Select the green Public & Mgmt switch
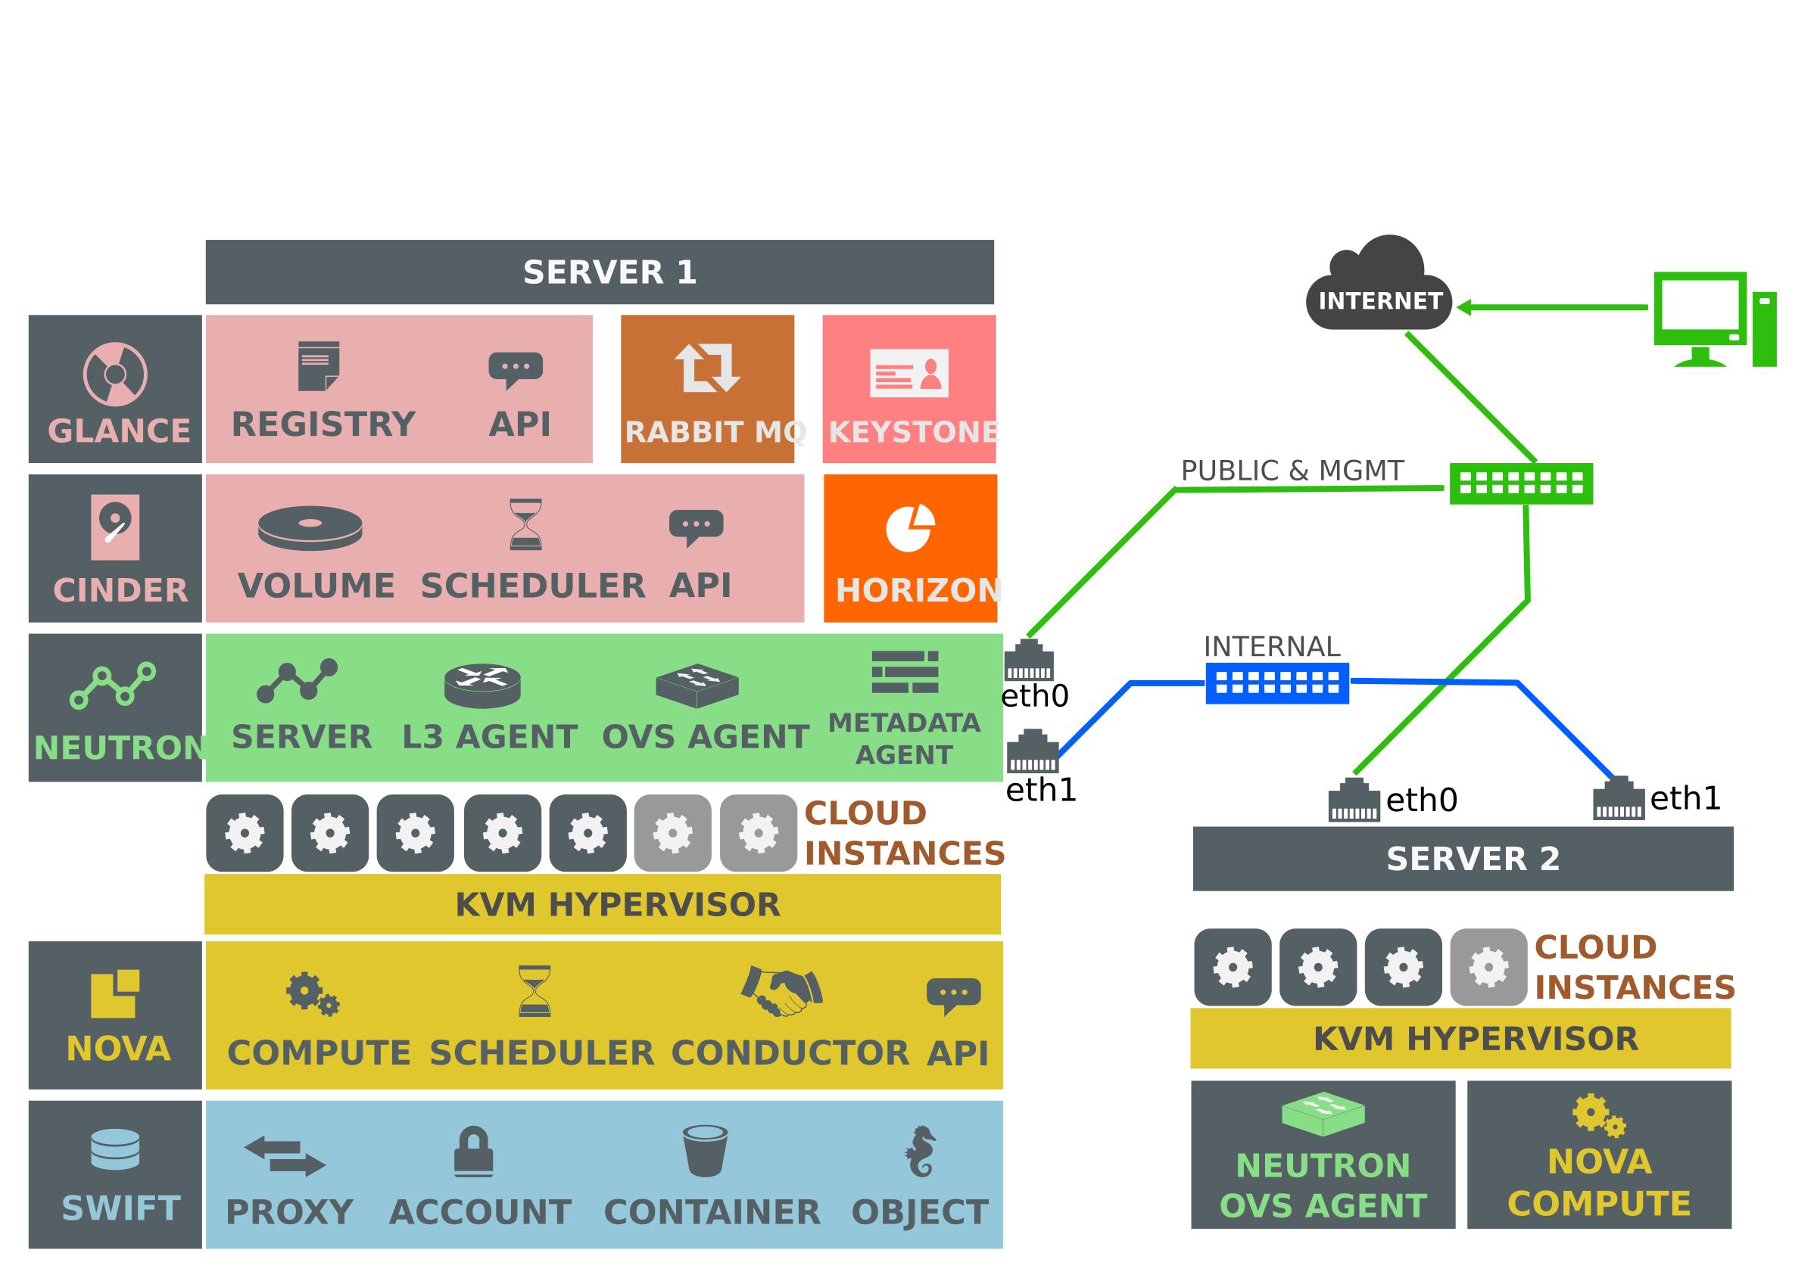click(1520, 483)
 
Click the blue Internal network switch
click(1276, 682)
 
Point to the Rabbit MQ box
click(706, 388)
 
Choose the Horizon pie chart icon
click(909, 527)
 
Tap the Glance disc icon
click(116, 374)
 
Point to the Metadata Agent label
click(904, 738)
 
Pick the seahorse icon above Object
click(921, 1151)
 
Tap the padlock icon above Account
click(473, 1151)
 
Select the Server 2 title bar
click(1463, 858)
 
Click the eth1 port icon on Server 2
click(1619, 798)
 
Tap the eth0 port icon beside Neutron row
click(1029, 660)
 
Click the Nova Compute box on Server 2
click(1598, 1155)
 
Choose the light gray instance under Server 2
click(1488, 967)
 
